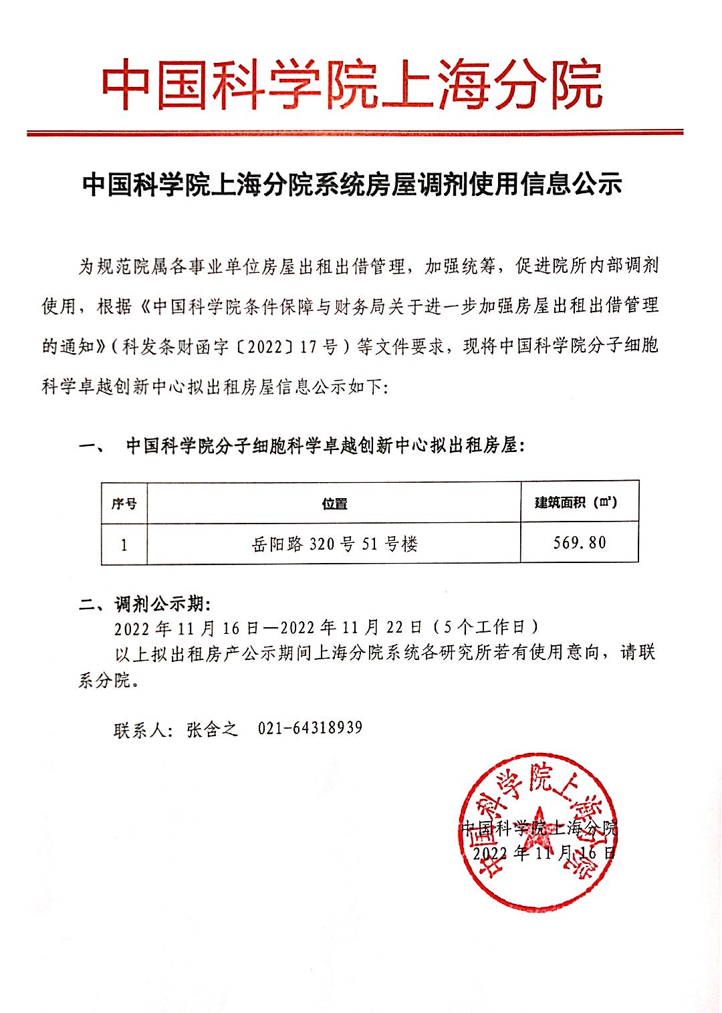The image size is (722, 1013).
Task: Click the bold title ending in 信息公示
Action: tap(352, 184)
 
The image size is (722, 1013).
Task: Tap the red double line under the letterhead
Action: tap(354, 133)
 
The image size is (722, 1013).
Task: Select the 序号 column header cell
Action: tap(124, 503)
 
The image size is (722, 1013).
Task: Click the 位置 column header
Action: tap(334, 503)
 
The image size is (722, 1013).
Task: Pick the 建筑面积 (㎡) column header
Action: tap(579, 502)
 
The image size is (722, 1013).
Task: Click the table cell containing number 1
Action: tap(124, 544)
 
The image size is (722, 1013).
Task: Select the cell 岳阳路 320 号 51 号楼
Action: tap(334, 544)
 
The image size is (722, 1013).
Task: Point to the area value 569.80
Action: tap(579, 542)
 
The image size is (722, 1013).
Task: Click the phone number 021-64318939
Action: tap(310, 727)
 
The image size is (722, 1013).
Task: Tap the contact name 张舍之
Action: tap(213, 728)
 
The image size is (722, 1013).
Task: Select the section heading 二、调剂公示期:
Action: tap(144, 605)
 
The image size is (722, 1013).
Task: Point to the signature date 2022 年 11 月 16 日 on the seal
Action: tap(543, 853)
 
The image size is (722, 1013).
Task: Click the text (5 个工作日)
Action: tap(484, 627)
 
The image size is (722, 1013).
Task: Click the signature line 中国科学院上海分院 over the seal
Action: tap(539, 828)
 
